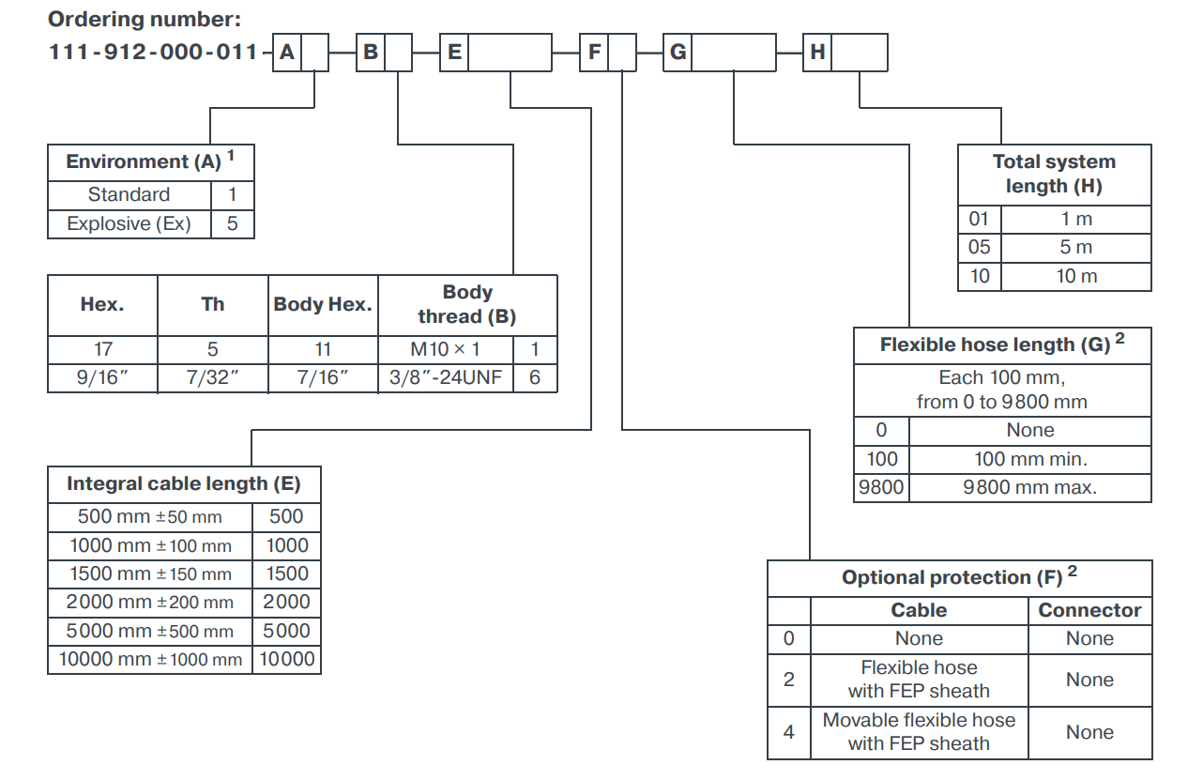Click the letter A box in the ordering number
click(287, 53)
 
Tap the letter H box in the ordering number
click(818, 53)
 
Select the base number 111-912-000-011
click(153, 53)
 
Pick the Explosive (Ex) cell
click(129, 224)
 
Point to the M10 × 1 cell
click(446, 349)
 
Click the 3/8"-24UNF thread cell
click(446, 378)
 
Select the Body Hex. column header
click(323, 305)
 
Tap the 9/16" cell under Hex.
click(102, 378)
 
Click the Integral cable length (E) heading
click(184, 484)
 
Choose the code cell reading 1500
click(287, 574)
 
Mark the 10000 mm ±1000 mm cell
click(150, 659)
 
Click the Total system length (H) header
click(1054, 174)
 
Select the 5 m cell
click(1075, 248)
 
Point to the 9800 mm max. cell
click(1029, 487)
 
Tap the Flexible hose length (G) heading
click(1001, 344)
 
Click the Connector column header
click(1089, 610)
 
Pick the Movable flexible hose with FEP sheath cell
click(919, 732)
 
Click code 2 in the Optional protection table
click(788, 680)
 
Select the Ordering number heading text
click(145, 19)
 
